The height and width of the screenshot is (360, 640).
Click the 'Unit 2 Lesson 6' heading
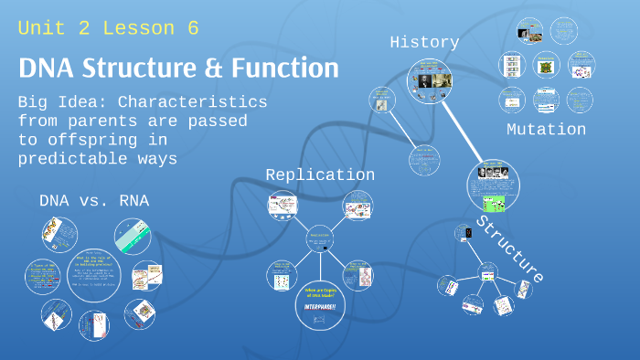coord(108,28)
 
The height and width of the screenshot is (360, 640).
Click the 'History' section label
coord(424,42)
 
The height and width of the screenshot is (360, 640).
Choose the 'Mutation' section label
coord(546,130)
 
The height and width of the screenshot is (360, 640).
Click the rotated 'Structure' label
coord(510,249)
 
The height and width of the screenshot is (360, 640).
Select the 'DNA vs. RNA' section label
coord(93,200)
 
